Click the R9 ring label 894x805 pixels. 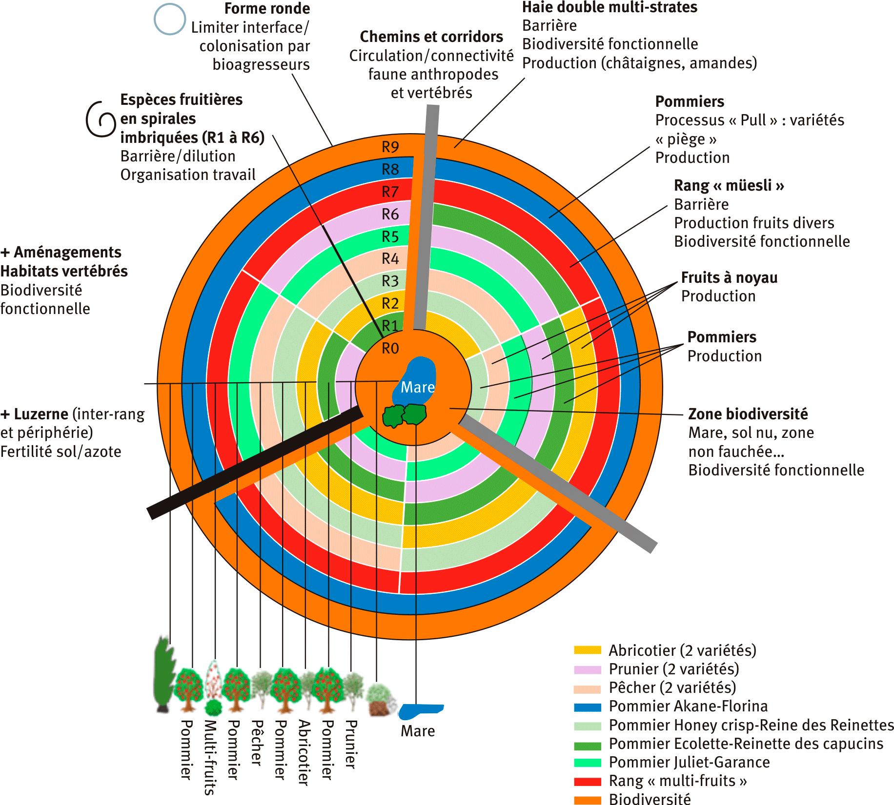pos(390,147)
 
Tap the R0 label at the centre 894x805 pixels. pos(390,348)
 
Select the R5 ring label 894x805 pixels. pos(390,236)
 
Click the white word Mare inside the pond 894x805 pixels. pos(418,387)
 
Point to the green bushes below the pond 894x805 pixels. pos(405,415)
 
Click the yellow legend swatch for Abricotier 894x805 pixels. pos(588,650)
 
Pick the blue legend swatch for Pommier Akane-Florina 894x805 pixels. pos(588,707)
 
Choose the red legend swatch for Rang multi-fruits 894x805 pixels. pos(588,781)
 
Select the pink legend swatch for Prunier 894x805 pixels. pos(588,669)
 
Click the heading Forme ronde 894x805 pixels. pos(267,8)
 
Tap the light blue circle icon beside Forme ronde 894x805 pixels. pos(170,19)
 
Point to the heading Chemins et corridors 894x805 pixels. pos(431,37)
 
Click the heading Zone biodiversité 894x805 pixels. pos(748,414)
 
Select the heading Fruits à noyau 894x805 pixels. pos(730,277)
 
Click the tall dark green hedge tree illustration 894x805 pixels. pos(164,674)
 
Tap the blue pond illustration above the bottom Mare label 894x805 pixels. pos(420,711)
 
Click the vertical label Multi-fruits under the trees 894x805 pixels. pos(210,757)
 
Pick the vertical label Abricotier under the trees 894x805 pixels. pos(304,752)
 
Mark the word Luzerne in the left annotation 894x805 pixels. pos(41,414)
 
